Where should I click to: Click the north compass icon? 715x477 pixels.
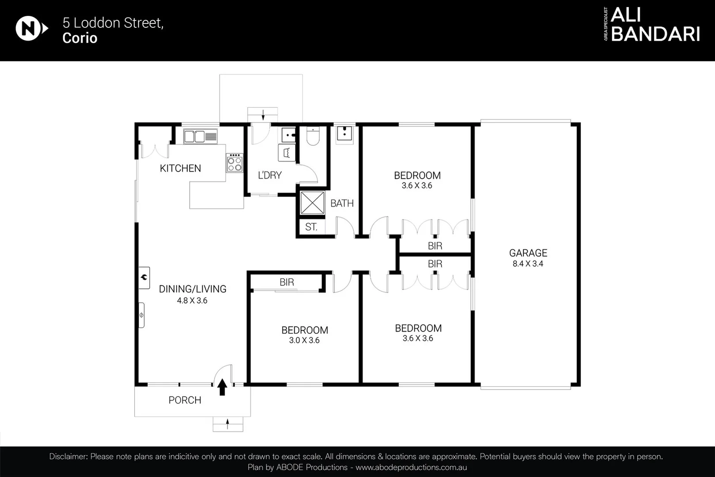point(29,29)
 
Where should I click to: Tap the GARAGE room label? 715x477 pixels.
point(528,253)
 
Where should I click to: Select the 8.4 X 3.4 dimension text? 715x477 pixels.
point(528,264)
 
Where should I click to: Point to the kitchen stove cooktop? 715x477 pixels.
point(235,163)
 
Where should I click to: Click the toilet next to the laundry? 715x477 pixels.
point(313,136)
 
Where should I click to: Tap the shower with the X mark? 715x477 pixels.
point(312,203)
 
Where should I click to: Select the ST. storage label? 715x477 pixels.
point(311,227)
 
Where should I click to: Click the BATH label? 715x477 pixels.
point(342,203)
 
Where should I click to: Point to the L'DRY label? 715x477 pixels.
point(269,175)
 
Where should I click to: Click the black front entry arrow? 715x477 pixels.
point(222,387)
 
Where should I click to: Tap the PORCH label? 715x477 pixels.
point(185,400)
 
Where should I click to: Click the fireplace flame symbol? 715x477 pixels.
point(144,278)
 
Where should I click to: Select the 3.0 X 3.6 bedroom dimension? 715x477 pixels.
point(304,341)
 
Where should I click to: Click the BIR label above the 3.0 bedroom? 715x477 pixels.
point(287,282)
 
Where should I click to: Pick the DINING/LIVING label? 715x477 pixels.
point(193,289)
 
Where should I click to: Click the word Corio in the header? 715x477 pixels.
point(79,38)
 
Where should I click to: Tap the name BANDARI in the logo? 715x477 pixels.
point(655,34)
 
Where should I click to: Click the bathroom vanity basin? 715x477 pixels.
point(344,134)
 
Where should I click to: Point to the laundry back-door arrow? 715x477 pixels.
point(263,114)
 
